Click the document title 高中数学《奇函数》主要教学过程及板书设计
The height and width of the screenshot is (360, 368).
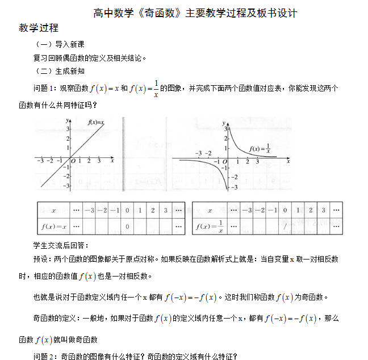(x=195, y=12)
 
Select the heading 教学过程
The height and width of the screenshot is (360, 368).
(x=39, y=28)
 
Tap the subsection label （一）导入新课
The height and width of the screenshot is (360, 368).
(x=60, y=44)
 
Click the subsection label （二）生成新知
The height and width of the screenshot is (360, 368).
(x=60, y=71)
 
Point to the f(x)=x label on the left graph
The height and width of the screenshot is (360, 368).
(x=95, y=123)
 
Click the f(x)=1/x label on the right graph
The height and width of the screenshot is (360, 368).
(x=260, y=149)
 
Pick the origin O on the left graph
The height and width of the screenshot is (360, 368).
(x=73, y=161)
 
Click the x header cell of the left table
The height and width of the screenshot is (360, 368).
(x=53, y=210)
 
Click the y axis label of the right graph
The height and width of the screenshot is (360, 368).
(x=224, y=122)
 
